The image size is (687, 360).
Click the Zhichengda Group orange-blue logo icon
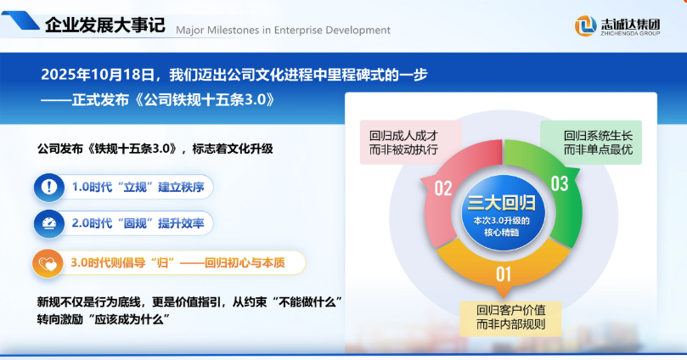585,25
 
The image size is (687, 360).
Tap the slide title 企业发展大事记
105,25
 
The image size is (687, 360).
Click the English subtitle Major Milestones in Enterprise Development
283,31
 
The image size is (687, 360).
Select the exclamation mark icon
49,187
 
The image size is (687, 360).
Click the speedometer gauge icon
49,223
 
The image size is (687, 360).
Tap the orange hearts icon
48,263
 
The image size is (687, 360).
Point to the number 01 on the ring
504,274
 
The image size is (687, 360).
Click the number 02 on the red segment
443,188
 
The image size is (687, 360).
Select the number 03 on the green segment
560,183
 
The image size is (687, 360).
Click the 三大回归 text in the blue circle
502,203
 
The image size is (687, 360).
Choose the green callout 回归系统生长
591,143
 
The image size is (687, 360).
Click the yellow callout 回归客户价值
511,318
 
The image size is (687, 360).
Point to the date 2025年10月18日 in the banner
98,75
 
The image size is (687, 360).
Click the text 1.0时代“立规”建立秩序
138,187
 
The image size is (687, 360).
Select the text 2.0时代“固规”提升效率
138,223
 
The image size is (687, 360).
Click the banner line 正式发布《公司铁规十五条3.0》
173,100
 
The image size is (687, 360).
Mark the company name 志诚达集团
630,24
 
